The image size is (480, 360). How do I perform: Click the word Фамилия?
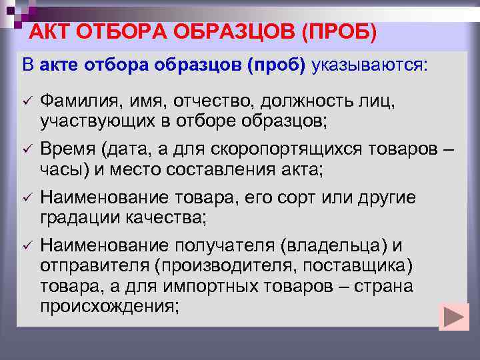(78, 101)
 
